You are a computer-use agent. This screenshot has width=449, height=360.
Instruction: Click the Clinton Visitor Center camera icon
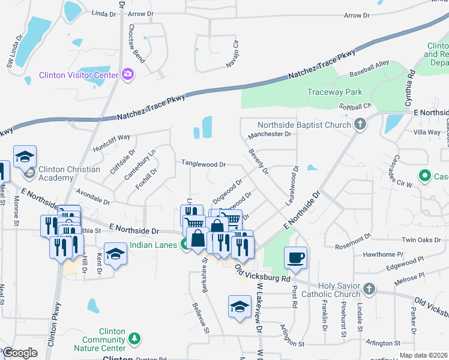click(x=127, y=74)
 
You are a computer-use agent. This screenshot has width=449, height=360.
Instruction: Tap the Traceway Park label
click(x=334, y=92)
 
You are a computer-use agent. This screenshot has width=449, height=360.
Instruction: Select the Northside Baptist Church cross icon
click(x=360, y=125)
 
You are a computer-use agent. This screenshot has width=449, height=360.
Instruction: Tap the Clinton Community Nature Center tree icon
click(x=134, y=340)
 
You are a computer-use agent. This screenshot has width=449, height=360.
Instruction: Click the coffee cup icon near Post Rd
click(x=295, y=257)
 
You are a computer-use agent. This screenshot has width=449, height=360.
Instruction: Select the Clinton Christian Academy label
click(x=69, y=174)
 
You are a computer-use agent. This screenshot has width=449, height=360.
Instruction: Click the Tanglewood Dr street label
click(x=203, y=164)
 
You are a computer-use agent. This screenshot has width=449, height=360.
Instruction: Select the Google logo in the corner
click(x=19, y=353)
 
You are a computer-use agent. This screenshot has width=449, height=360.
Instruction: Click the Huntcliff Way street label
click(x=111, y=142)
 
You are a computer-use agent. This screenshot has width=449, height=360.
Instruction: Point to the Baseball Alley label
click(x=369, y=68)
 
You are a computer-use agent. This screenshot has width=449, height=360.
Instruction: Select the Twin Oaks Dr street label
click(x=417, y=239)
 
